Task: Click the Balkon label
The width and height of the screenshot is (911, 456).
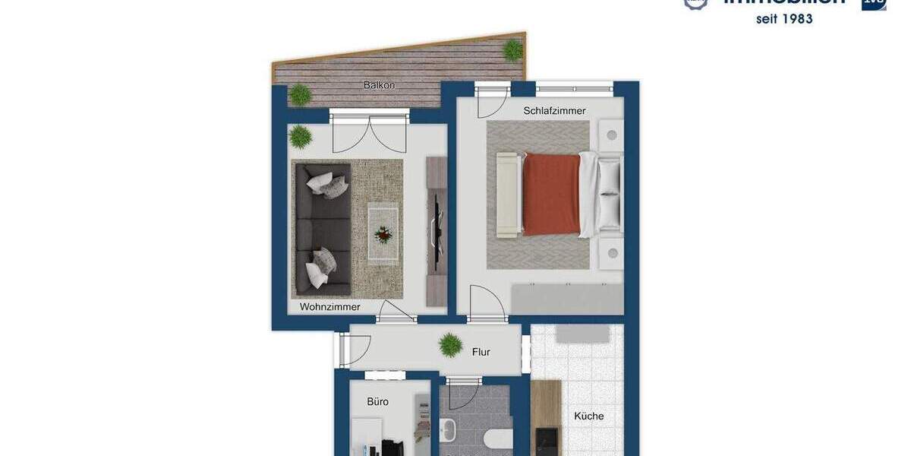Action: click(379, 85)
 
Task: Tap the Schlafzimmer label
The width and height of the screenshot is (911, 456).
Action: click(554, 111)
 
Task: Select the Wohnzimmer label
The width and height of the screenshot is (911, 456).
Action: click(329, 307)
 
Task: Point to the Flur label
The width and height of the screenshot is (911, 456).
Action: click(481, 352)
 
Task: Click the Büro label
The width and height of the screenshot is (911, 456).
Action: click(377, 401)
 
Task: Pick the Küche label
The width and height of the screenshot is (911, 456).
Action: click(588, 416)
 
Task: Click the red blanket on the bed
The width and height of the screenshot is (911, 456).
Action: click(551, 195)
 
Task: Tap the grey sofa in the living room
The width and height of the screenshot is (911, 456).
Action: click(322, 229)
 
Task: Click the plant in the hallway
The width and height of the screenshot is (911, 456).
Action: click(450, 346)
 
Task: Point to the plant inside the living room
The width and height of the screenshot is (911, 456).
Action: click(301, 137)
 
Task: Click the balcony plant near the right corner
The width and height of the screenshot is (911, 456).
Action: click(513, 51)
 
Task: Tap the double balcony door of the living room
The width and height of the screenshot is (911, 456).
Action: click(369, 133)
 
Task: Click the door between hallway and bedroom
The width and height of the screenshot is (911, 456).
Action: click(486, 304)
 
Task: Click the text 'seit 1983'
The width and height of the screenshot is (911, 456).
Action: click(784, 19)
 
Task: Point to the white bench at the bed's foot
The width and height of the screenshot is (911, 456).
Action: click(506, 194)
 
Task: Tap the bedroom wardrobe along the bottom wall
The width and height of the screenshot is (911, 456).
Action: click(566, 299)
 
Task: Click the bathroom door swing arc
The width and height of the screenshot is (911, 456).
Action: click(462, 394)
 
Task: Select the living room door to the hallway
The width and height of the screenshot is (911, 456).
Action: click(396, 311)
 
